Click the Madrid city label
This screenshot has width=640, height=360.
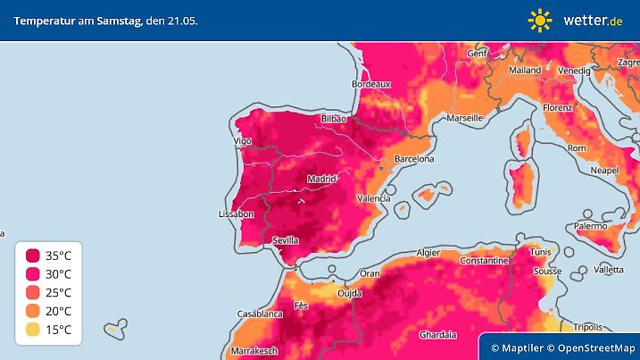321,179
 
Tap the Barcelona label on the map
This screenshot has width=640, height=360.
413,159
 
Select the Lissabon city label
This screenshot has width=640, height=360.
237,214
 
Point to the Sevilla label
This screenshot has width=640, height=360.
285,240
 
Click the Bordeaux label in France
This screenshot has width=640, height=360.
372,83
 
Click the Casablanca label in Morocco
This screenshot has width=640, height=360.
260,314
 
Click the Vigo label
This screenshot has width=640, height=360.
242,141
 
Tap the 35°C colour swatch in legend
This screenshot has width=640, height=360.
33,255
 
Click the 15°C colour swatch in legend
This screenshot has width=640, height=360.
33,330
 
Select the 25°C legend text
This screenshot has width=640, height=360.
64,292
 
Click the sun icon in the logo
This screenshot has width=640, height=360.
540,20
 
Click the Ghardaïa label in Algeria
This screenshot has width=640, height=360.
439,335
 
